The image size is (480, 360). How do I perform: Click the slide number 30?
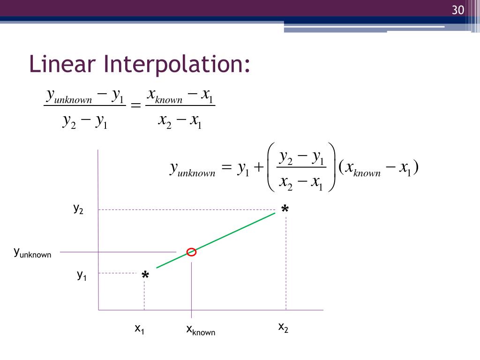point(457,10)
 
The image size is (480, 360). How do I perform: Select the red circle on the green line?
point(191,252)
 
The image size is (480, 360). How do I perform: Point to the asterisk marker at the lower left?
point(145,277)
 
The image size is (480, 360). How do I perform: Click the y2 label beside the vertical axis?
point(78,209)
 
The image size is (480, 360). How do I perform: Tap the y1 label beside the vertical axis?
point(82,275)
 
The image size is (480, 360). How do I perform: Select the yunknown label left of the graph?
point(32,253)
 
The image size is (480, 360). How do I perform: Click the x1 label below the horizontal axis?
point(140,329)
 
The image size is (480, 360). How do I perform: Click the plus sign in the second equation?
point(259,168)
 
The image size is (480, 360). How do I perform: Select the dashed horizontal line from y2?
point(187,210)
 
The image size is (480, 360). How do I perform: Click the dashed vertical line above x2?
point(286,262)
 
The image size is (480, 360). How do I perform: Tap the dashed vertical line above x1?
point(144,295)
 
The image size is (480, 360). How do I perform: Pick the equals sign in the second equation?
point(226,168)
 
